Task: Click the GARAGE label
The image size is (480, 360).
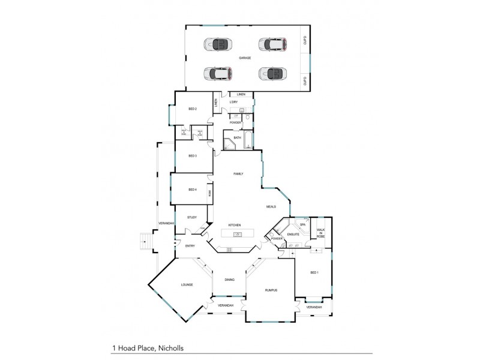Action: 244,58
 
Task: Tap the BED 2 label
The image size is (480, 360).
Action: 193,109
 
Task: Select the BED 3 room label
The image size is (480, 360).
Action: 193,156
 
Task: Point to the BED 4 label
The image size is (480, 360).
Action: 193,190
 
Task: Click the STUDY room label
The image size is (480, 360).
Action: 192,217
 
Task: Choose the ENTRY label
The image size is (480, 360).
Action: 190,246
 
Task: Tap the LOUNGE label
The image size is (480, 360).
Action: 186,284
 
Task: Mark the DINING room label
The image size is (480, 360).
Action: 229,280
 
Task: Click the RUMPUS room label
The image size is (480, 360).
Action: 271,290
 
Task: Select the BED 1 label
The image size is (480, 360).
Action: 314,272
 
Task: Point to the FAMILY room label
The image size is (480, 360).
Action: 238,173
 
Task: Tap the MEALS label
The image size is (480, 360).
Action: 271,206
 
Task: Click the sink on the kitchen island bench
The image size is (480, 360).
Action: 238,234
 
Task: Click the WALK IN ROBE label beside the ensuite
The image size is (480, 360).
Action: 321,233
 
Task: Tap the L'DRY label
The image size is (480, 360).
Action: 234,102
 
